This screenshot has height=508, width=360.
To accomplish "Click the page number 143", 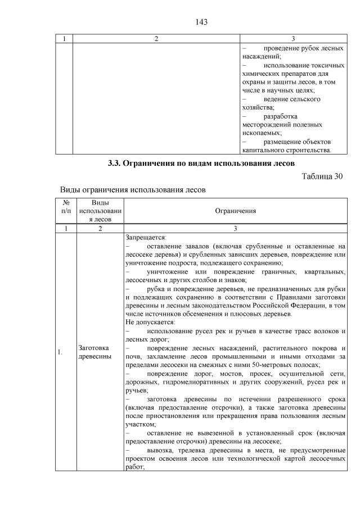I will pyautogui.click(x=202, y=22).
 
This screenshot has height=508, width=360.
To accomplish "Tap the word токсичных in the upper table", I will pyautogui.click(x=326, y=65).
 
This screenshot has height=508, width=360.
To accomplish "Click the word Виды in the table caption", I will pyautogui.click(x=70, y=190).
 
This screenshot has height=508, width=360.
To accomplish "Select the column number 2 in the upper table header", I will pyautogui.click(x=156, y=39).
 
